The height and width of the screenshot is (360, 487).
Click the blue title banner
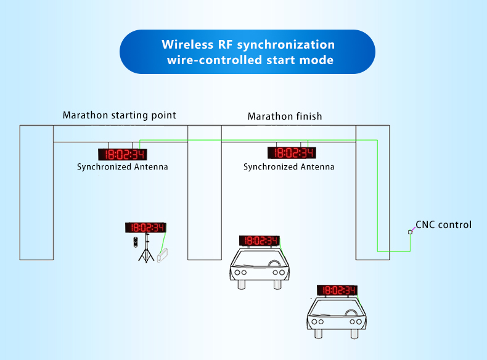point(247,52)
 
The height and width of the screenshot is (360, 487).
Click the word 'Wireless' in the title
point(188,45)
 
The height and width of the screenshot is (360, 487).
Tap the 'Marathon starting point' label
point(119,115)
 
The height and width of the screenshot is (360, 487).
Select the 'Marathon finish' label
point(284,116)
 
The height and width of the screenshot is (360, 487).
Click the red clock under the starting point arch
point(123,154)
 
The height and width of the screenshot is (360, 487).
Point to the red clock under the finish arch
point(291,153)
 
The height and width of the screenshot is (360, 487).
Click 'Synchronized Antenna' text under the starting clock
point(122,166)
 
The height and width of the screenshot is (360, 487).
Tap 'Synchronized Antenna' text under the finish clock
point(289,166)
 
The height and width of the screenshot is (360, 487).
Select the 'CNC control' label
point(443,224)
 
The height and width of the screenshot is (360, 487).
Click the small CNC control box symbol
point(409,232)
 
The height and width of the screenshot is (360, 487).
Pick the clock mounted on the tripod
point(145,227)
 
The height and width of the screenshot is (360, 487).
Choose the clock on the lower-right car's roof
point(337,290)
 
